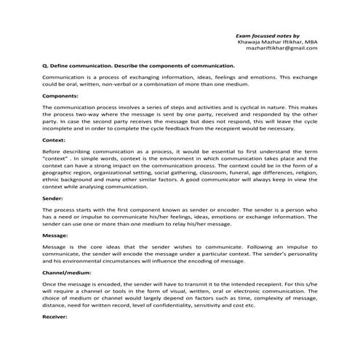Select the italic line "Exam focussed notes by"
pyautogui.click(x=268, y=34)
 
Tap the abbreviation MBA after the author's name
pyautogui.click(x=306, y=41)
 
